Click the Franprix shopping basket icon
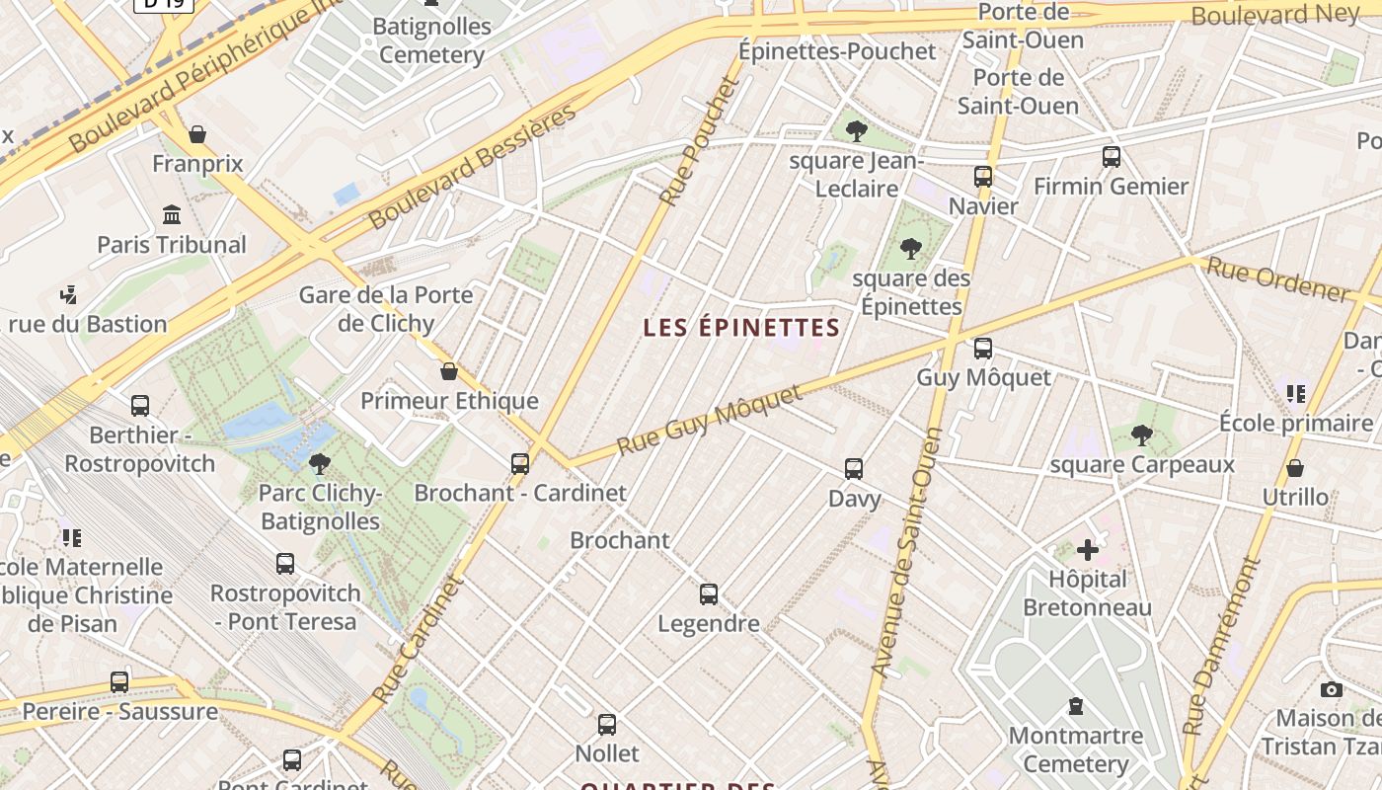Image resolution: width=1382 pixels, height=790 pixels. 197,134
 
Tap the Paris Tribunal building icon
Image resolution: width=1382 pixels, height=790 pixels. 172,214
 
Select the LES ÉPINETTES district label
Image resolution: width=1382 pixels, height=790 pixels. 741,328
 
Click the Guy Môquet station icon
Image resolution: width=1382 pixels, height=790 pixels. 982,348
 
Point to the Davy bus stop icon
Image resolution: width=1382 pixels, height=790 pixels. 854,469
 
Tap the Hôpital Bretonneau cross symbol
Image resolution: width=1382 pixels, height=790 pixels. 1087,549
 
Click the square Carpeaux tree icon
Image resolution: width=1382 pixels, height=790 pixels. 1142,434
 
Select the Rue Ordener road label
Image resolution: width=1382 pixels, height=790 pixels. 1277,279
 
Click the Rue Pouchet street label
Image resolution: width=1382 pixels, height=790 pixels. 699,140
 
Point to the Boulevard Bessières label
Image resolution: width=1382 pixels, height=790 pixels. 472,166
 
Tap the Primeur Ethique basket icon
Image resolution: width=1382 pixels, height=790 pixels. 449,371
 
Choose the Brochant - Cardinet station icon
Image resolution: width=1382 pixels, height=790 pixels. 520,463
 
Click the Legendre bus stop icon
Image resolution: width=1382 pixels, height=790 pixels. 709,593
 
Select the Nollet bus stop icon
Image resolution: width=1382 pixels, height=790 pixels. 607,724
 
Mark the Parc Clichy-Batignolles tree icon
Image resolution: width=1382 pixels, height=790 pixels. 319,463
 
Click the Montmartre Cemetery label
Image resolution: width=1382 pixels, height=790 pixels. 1075,750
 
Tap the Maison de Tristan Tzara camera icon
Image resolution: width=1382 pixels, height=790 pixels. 1332,689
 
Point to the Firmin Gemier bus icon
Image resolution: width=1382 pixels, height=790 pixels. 1112,156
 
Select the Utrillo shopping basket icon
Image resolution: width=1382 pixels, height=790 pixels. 1295,467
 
